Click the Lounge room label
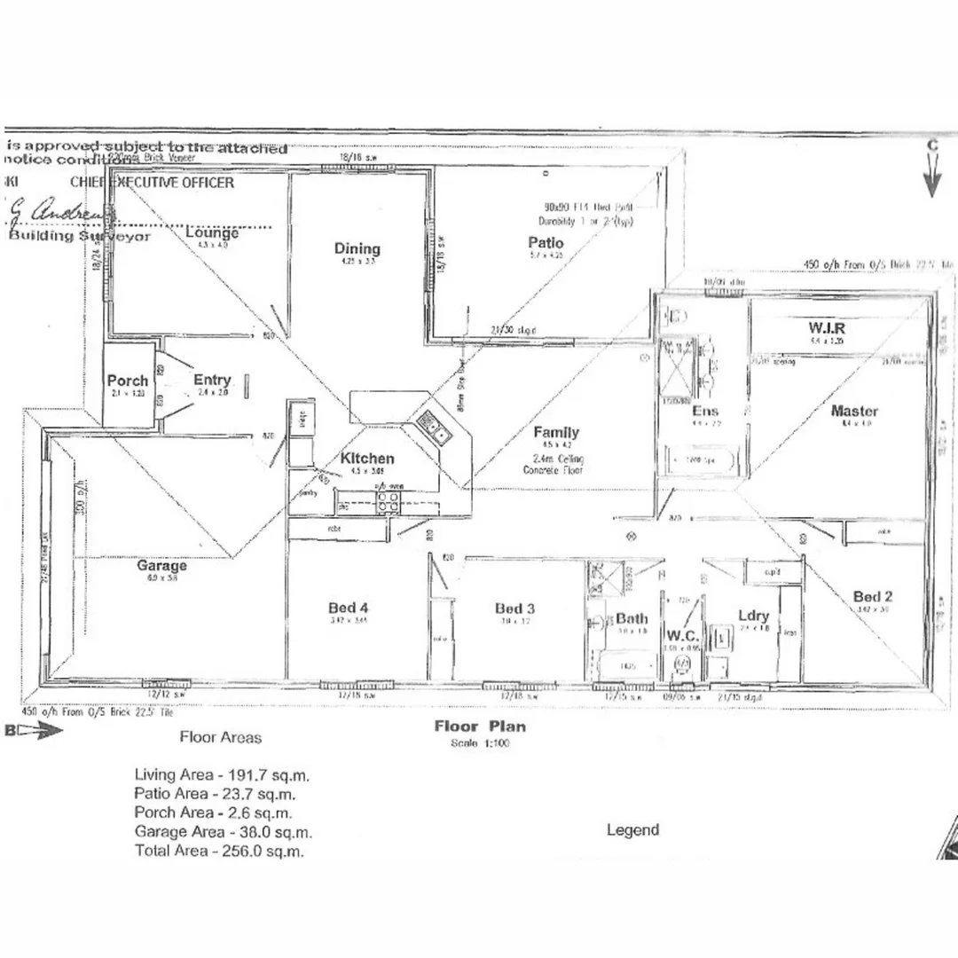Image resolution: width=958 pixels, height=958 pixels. [x=212, y=233]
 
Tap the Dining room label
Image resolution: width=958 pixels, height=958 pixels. [x=357, y=248]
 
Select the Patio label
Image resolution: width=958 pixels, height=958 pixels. [x=546, y=243]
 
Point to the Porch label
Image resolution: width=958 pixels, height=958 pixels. [x=128, y=381]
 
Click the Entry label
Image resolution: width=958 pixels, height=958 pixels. [x=212, y=381]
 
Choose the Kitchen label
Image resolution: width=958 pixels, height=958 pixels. [x=367, y=459]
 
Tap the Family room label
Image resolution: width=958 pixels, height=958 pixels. [x=556, y=433]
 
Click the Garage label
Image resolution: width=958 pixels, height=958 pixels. [x=161, y=565]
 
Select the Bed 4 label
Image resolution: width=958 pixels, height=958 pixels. [x=348, y=608]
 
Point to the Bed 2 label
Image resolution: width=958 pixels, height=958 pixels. [x=873, y=596]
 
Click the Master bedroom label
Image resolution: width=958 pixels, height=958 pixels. [x=854, y=411]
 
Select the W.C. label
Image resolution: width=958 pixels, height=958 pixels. [x=683, y=635]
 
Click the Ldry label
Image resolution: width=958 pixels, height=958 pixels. [x=753, y=616]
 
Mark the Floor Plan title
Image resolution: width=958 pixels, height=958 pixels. [x=479, y=726]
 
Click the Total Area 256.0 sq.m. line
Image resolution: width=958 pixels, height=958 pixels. [x=219, y=851]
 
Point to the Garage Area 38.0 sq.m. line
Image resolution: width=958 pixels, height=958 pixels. [x=223, y=832]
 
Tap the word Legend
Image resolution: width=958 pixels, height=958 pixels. [x=632, y=830]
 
